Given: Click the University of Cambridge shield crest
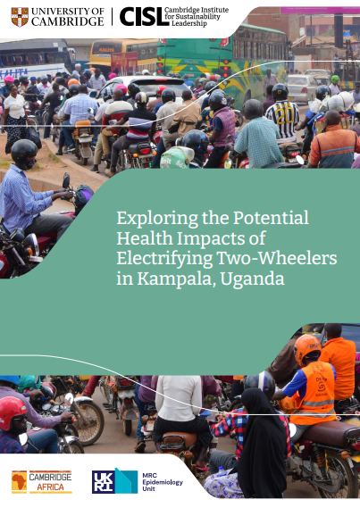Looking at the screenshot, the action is (20, 17).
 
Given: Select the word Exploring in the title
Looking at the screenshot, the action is (157, 219).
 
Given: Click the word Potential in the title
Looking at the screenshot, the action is (271, 218).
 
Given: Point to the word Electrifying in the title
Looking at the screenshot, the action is (164, 259).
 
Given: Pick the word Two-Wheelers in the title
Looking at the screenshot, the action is (277, 258).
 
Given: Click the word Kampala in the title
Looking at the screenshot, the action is (176, 279).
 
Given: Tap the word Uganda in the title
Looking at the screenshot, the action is (252, 279).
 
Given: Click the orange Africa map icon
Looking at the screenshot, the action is (19, 482).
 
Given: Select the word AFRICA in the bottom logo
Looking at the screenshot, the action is (50, 487).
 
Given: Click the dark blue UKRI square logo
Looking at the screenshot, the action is (104, 482).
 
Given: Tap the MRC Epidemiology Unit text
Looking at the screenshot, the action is (163, 482).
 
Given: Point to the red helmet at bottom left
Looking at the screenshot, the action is (12, 412).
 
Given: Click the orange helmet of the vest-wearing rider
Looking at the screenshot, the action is (307, 347).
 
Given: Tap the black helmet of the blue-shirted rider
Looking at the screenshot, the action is (23, 153).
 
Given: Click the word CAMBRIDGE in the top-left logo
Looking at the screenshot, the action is (68, 21).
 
